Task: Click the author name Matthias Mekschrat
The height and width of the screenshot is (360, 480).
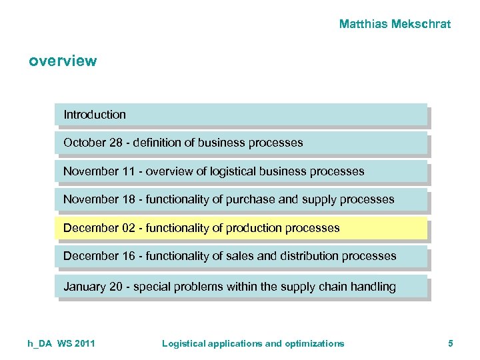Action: tap(395, 25)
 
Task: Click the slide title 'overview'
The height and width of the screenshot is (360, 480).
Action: tap(63, 61)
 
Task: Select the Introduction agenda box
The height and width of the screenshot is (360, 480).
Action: tap(240, 115)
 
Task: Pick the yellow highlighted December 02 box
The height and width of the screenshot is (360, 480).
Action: tap(240, 228)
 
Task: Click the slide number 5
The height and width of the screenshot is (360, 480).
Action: tap(451, 343)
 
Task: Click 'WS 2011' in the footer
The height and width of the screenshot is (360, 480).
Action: tap(76, 343)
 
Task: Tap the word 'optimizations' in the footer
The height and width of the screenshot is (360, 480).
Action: tap(315, 343)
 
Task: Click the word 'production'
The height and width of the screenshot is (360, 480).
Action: tap(253, 228)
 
